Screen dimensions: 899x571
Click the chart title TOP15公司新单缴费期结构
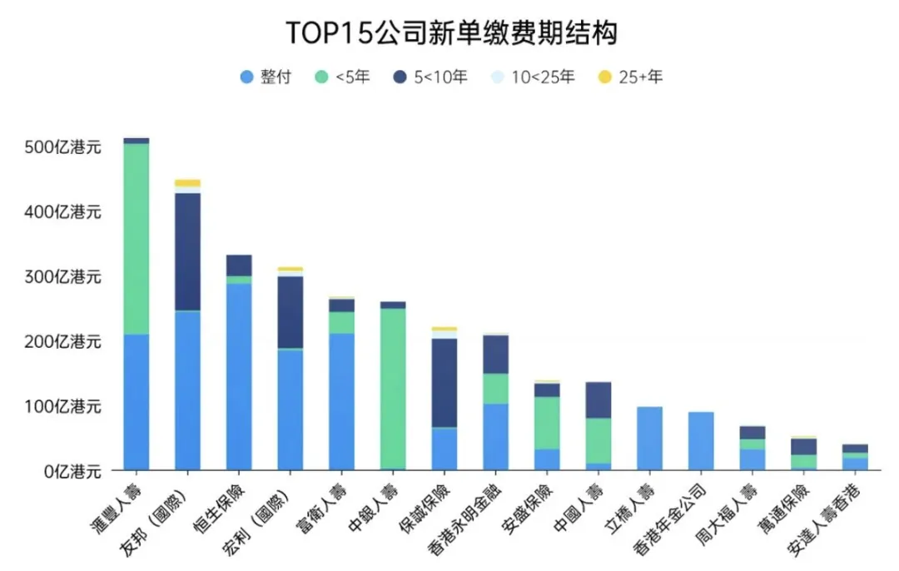[451, 32]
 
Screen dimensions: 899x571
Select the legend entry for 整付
[266, 77]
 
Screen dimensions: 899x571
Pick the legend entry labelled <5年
[342, 77]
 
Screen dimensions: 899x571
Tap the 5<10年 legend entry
[430, 77]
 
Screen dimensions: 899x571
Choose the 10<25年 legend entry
[533, 77]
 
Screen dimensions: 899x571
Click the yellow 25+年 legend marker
[605, 77]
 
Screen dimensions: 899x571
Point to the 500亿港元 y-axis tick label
[62, 147]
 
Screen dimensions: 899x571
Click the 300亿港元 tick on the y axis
[62, 277]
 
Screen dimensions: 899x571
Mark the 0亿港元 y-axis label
[72, 472]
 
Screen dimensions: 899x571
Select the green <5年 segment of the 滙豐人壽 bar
[137, 239]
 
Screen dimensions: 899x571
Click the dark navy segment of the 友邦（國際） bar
[187, 252]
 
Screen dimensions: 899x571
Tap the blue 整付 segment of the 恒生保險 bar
[239, 377]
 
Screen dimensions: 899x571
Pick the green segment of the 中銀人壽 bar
[393, 389]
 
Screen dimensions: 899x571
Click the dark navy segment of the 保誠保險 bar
[445, 383]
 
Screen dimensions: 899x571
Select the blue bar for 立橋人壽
[649, 439]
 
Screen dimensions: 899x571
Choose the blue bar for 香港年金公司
[701, 441]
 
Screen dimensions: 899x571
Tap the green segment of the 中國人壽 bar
[599, 441]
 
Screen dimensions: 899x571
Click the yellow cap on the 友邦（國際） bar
[187, 183]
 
